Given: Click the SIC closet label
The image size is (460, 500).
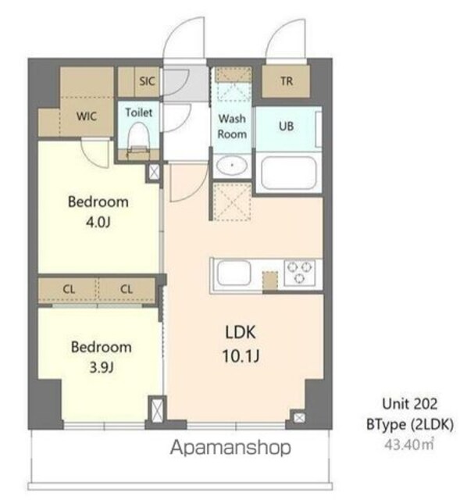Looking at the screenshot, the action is click(x=147, y=81).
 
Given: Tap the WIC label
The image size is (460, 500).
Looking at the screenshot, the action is click(x=87, y=116).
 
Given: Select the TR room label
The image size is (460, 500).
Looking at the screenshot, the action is click(x=287, y=81).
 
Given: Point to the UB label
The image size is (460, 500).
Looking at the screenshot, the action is click(x=286, y=127).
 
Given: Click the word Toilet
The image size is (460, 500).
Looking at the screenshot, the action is click(x=139, y=112).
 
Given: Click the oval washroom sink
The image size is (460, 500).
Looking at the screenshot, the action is click(x=232, y=166).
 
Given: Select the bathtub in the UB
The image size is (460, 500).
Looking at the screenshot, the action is click(x=288, y=173).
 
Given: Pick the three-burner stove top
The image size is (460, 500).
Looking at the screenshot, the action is click(x=299, y=272).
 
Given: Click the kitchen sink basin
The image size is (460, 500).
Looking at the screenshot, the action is click(x=234, y=273).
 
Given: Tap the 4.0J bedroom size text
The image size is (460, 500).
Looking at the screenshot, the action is click(x=98, y=222).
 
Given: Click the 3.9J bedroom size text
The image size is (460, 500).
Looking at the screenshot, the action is click(x=102, y=368).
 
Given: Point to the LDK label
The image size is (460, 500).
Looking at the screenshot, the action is click(x=241, y=333).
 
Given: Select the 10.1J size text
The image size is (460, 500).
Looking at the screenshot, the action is click(x=241, y=356).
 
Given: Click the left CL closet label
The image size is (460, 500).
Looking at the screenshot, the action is click(x=69, y=289).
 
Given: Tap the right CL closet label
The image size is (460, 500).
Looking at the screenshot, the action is click(x=127, y=289).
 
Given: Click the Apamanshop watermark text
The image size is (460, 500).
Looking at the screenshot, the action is click(x=230, y=448).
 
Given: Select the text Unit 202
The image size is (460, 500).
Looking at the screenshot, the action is click(x=410, y=404).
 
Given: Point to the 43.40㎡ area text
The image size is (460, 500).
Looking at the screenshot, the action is click(x=409, y=445).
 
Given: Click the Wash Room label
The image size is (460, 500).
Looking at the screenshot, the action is click(x=232, y=127).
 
